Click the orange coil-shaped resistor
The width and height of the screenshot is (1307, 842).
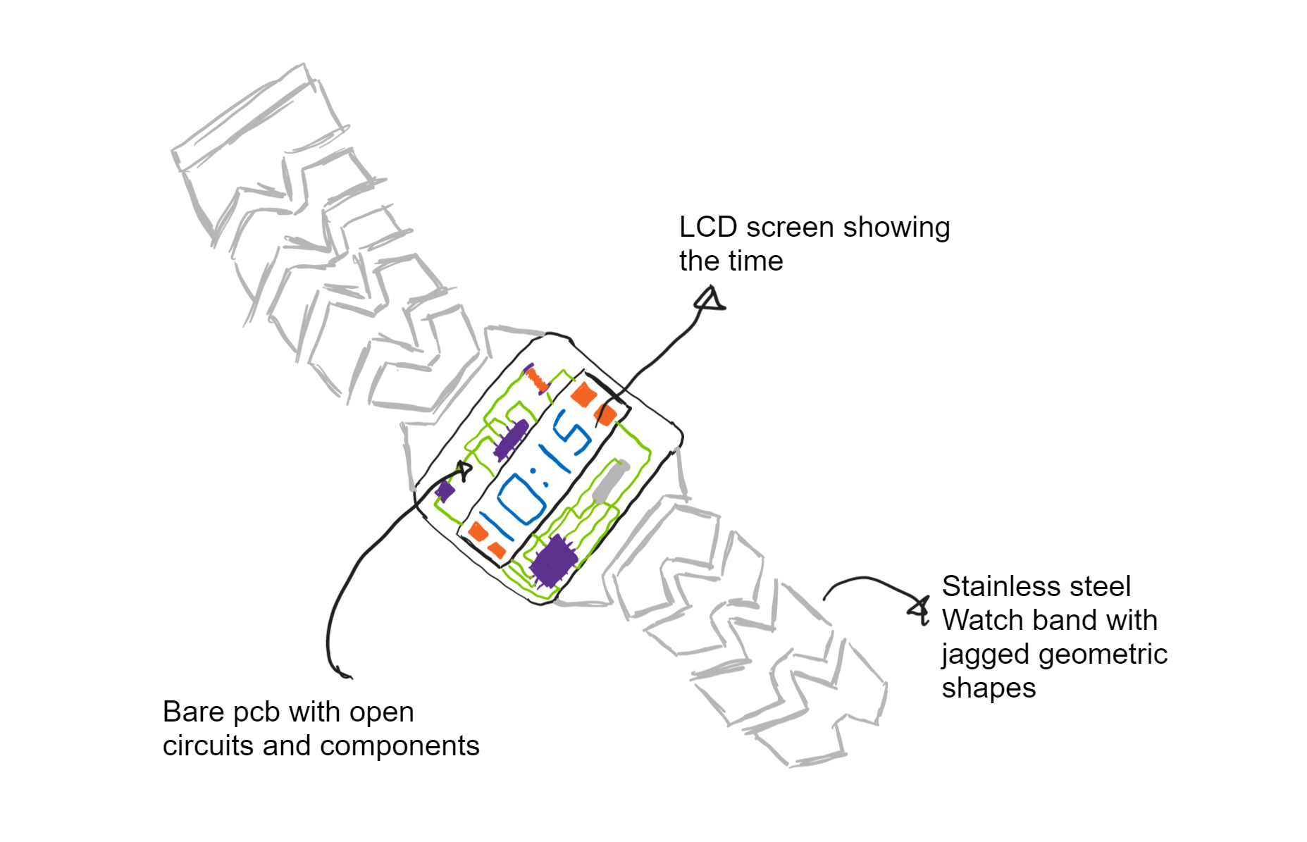[x=538, y=380]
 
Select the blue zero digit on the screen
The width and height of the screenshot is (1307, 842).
[x=521, y=499]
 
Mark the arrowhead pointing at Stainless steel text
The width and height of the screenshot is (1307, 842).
[x=919, y=608]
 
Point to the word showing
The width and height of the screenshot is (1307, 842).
[x=896, y=228]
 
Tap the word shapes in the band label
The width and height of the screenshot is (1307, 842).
[x=989, y=688]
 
